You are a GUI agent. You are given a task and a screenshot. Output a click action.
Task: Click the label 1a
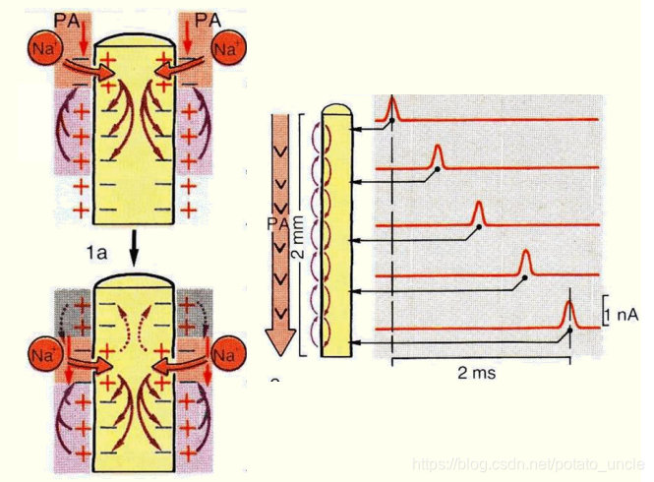coord(94,253)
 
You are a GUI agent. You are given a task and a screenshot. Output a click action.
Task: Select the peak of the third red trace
coord(479,203)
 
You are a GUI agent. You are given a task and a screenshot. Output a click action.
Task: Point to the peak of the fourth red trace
coord(525,255)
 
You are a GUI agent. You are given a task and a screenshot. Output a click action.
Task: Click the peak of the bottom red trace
coord(568,305)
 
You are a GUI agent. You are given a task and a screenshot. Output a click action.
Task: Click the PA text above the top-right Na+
coord(208,16)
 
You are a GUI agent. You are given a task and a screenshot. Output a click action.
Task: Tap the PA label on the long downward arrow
coord(276,224)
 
